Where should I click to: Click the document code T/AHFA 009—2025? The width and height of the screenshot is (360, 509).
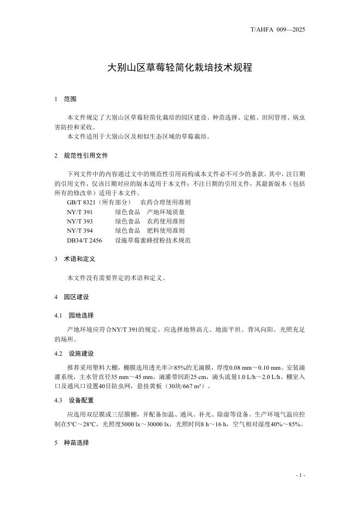click(278, 29)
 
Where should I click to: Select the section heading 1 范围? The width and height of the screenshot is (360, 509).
click(66, 100)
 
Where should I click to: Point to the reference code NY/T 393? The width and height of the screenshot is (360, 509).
click(80, 221)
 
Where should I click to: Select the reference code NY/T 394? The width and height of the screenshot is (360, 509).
click(80, 231)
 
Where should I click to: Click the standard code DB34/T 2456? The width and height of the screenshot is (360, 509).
click(84, 240)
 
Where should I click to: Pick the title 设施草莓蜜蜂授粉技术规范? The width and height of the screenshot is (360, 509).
click(153, 240)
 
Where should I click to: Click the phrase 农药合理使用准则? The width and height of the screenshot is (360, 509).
click(165, 202)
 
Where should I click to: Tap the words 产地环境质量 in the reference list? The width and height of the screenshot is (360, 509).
click(166, 212)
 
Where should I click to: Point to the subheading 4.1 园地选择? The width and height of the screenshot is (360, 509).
click(75, 315)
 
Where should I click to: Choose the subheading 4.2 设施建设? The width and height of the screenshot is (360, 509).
click(75, 353)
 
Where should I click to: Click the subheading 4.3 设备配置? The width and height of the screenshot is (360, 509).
click(75, 400)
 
